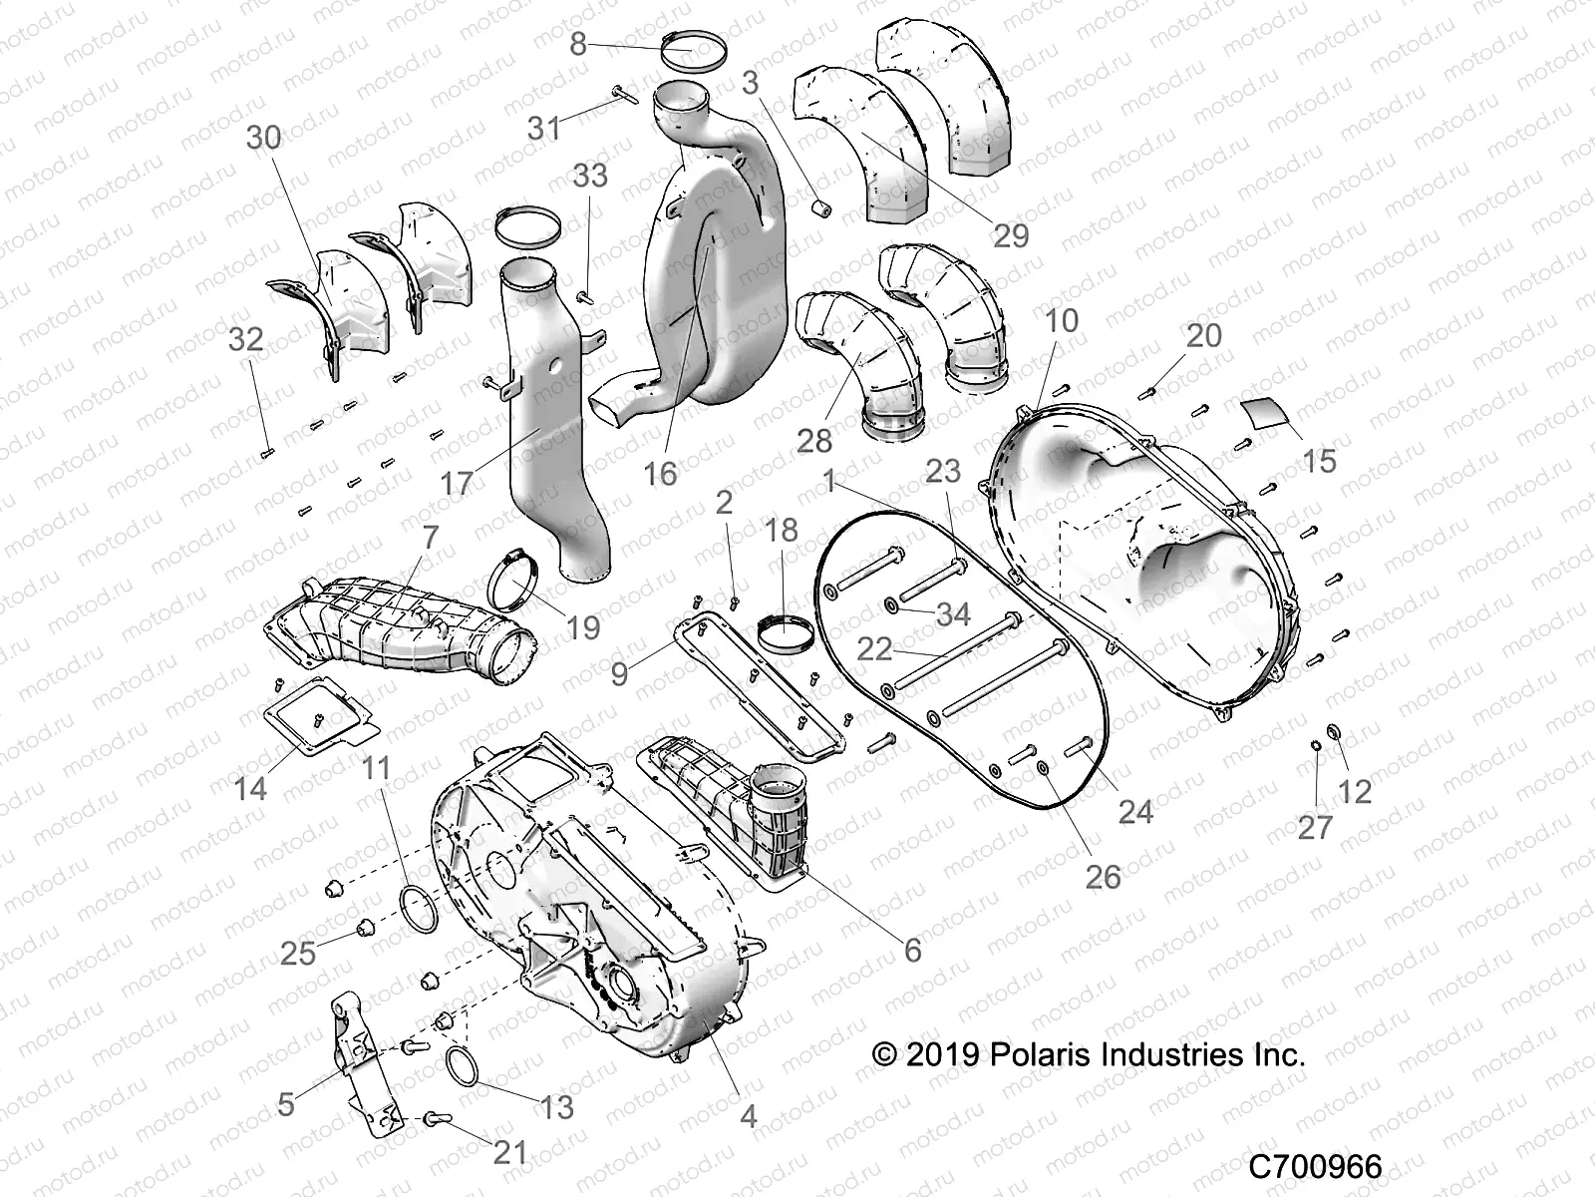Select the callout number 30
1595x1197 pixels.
click(264, 137)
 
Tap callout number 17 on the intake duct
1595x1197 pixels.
click(458, 483)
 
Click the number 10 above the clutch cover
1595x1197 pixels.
click(1063, 321)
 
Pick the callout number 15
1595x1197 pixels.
click(1318, 460)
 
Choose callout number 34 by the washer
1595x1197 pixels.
click(953, 614)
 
